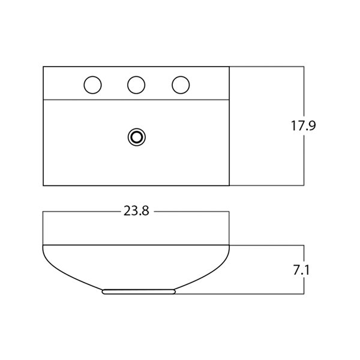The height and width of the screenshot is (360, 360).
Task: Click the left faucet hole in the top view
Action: point(92,85)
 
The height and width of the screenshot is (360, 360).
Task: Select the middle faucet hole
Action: point(136,85)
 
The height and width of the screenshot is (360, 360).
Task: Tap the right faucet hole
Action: point(180,85)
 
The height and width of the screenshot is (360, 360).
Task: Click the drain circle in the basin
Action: point(136,137)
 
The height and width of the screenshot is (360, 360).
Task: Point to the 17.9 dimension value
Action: point(303,126)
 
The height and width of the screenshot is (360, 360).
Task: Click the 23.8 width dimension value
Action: point(136,211)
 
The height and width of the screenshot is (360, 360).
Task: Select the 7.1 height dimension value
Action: point(301,271)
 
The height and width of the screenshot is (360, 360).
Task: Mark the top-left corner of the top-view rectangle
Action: point(44,67)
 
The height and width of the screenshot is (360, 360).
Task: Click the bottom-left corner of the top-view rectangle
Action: point(44,185)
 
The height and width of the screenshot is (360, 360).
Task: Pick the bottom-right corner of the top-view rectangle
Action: point(229,185)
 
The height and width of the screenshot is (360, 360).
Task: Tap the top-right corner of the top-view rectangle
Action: point(229,67)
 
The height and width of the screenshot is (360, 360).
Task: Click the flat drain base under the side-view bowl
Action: point(139,292)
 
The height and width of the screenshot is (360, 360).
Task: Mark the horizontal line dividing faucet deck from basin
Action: point(136,100)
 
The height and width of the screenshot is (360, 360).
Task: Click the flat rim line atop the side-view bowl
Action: point(136,245)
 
